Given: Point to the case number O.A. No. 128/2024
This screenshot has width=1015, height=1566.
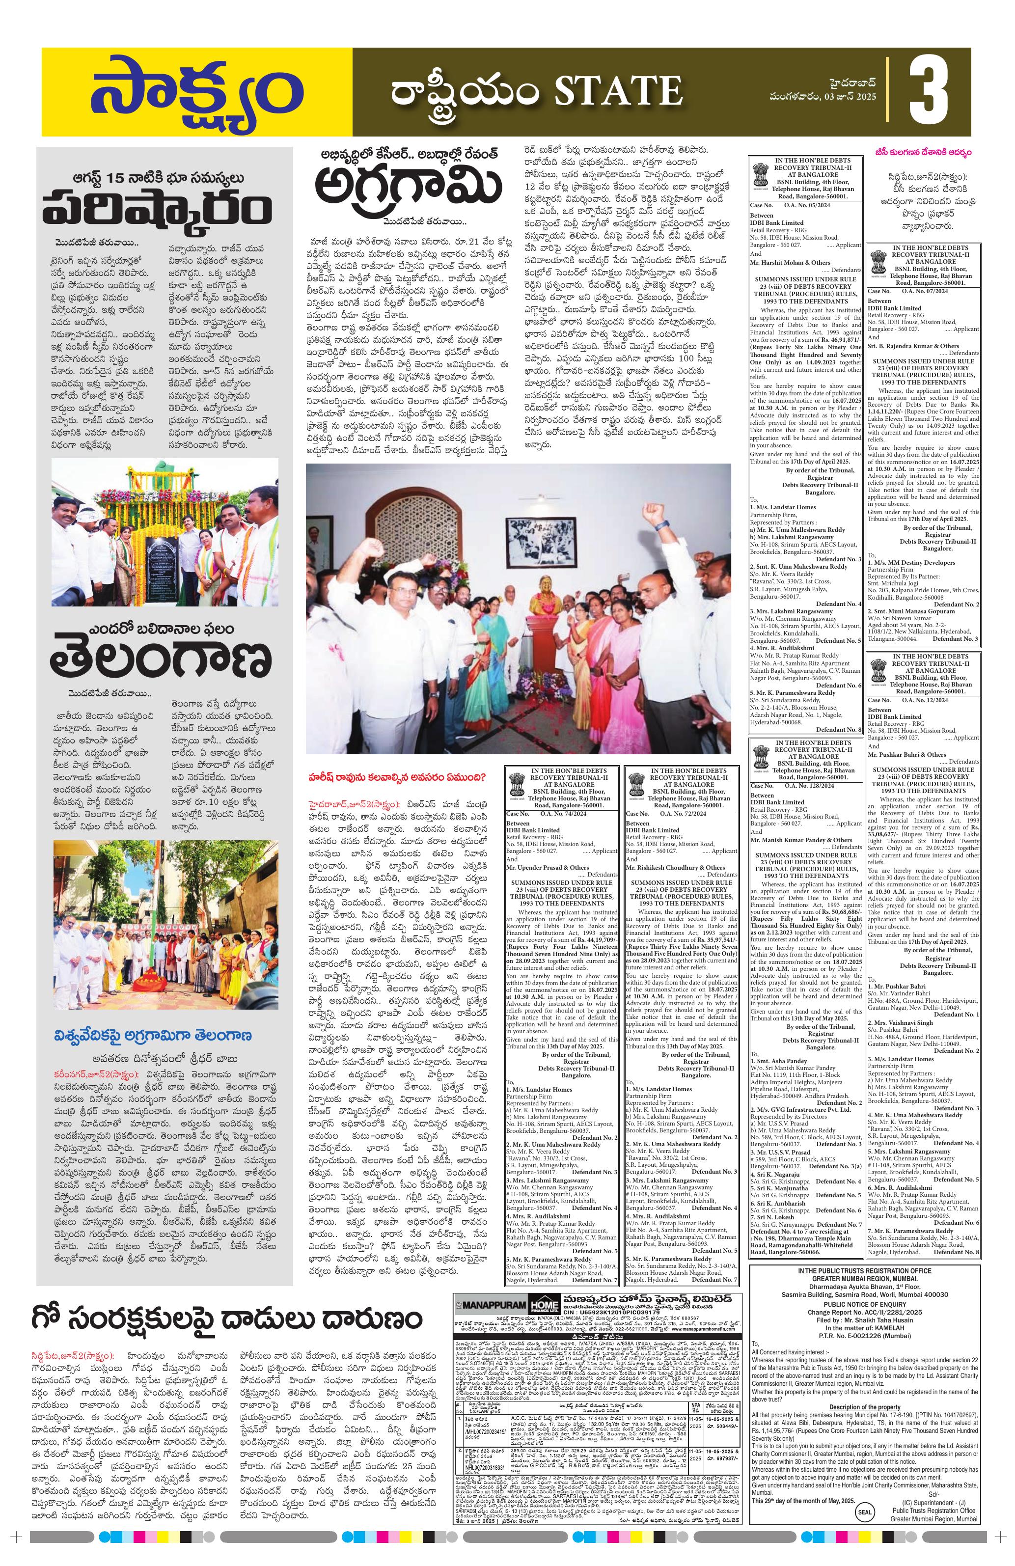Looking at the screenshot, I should pyautogui.click(x=805, y=786).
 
